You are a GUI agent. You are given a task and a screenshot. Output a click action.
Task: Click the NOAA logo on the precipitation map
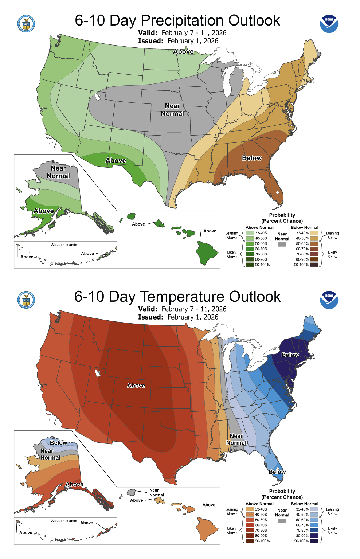click(x=329, y=24)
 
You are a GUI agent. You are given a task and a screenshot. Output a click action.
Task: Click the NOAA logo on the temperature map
click(x=329, y=300)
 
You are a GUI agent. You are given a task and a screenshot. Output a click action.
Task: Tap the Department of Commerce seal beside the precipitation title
click(x=26, y=24)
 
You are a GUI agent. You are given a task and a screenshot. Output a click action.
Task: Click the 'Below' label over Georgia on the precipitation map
click(x=252, y=158)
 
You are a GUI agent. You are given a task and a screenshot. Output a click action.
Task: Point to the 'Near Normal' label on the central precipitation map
click(x=172, y=110)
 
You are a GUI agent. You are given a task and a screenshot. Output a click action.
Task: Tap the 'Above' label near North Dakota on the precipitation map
click(x=183, y=52)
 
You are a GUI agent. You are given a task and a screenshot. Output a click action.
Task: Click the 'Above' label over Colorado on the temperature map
click(x=136, y=385)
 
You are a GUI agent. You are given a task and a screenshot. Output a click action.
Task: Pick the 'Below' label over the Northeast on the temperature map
click(x=290, y=355)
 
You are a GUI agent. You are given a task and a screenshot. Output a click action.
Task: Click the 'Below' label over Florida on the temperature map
click(x=277, y=472)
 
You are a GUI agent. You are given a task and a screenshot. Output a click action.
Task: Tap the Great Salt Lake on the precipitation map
click(x=97, y=97)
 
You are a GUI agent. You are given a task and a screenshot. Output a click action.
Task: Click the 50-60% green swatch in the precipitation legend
click(x=250, y=243)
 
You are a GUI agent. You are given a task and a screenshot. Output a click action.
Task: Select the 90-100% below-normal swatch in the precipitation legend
click(x=314, y=265)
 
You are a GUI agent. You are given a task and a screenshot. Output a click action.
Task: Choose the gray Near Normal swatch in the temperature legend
click(x=282, y=521)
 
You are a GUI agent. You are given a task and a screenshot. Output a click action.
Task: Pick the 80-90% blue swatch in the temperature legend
click(x=314, y=536)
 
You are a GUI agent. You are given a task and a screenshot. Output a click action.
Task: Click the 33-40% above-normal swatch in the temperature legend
click(x=250, y=509)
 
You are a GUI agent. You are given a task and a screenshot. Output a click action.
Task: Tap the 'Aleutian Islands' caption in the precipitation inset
click(x=64, y=245)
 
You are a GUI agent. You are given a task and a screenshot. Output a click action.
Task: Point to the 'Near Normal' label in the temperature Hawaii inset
click(x=156, y=492)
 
